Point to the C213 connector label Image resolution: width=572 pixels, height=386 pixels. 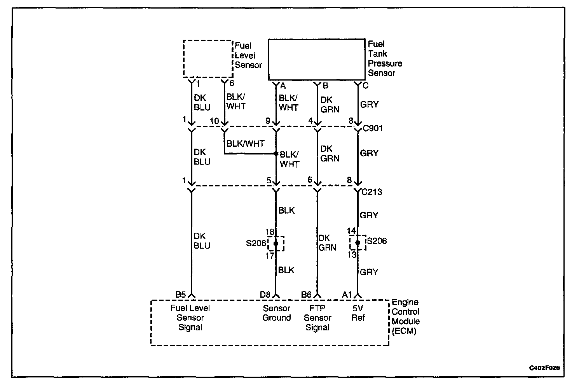coord(371,192)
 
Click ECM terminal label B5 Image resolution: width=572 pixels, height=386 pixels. coord(181,295)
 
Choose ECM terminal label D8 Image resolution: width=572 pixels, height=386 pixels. coord(265,295)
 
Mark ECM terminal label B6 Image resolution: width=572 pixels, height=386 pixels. coord(306,295)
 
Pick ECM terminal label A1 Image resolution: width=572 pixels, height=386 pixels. coord(347,295)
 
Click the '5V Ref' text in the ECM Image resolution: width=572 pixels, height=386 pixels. coord(358,313)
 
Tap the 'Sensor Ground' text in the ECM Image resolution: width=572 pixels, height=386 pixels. coord(276,313)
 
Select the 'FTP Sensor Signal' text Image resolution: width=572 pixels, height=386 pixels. coord(317,318)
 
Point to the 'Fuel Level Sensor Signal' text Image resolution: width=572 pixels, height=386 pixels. coord(190,318)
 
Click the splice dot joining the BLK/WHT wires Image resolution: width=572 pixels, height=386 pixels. coord(276,153)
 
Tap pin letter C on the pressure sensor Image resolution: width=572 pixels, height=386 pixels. coord(365,86)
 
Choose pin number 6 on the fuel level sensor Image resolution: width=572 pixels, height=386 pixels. coord(232,83)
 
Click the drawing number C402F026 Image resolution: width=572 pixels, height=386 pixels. coord(544,368)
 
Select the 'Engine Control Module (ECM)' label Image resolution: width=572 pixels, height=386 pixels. coord(405,317)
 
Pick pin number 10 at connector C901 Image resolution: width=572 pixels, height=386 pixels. coord(214,121)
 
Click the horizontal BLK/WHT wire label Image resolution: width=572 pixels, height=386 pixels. coord(245,144)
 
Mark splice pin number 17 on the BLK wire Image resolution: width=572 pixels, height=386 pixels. coord(270,256)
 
